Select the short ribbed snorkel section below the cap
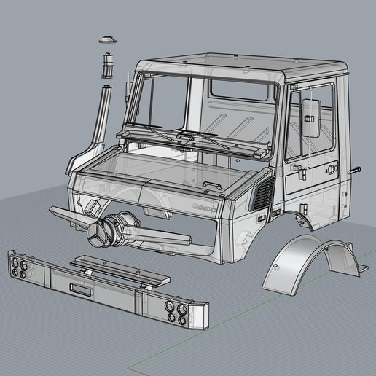click(107, 66)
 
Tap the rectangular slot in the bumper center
click(80, 288)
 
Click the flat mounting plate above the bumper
click(120, 270)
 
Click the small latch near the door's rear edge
click(332, 168)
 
